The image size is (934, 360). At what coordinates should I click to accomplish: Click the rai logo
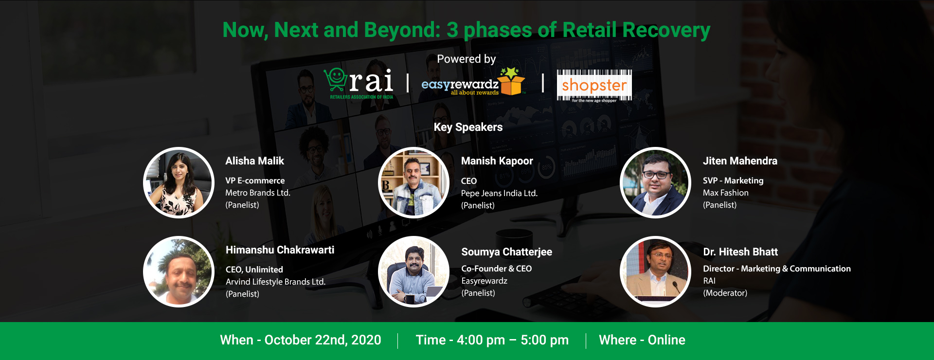[359, 83]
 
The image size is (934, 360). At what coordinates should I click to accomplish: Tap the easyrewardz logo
[473, 82]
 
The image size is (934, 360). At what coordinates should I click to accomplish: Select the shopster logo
[594, 86]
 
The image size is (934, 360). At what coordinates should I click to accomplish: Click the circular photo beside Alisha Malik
[179, 182]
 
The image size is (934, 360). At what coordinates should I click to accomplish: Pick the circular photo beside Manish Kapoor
[413, 182]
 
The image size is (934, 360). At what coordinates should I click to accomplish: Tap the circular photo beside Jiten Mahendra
[655, 182]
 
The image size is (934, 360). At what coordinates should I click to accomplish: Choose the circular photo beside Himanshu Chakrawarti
[179, 271]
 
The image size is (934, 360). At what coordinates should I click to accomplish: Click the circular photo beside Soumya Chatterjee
[413, 271]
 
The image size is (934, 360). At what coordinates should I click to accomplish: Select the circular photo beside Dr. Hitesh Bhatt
[655, 271]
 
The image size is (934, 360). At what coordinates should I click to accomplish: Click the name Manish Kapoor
[497, 161]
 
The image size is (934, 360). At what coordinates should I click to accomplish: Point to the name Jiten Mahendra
[740, 161]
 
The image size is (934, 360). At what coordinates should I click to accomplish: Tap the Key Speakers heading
[468, 127]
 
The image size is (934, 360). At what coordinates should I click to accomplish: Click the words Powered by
[466, 59]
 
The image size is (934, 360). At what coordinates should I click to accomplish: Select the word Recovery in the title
[666, 30]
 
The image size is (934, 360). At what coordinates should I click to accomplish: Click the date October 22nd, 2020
[323, 340]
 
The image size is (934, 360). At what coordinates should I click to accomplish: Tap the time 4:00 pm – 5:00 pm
[512, 340]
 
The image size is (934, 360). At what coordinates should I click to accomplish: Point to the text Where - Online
[642, 340]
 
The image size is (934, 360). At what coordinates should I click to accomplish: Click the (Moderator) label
[725, 293]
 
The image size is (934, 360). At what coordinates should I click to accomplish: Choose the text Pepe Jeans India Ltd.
[499, 193]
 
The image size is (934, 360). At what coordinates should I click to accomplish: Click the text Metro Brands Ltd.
[258, 193]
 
